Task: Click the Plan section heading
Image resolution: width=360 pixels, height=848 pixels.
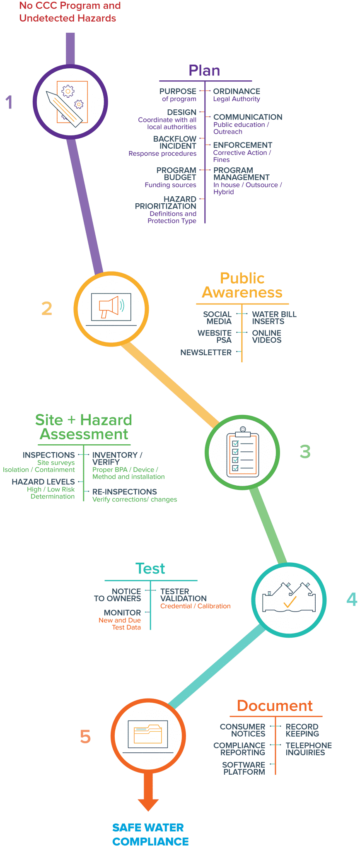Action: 204,71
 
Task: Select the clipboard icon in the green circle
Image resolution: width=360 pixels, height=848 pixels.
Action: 243,452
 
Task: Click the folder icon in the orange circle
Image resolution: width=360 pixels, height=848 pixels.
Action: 148,735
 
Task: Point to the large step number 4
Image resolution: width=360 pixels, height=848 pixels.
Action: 352,599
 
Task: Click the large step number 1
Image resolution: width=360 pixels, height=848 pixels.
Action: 9,102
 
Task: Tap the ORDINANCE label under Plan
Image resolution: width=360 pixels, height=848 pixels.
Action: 237,91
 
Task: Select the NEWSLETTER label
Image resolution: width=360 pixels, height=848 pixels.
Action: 206,352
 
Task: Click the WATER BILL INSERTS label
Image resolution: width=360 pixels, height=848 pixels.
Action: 274,318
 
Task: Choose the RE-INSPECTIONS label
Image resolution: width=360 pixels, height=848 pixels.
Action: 124,491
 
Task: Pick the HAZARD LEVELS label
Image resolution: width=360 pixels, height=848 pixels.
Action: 43,482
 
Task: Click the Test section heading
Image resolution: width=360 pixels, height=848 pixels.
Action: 150,569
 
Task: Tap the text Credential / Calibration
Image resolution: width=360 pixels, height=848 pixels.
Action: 195,606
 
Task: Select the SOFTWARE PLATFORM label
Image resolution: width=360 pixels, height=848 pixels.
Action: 244,768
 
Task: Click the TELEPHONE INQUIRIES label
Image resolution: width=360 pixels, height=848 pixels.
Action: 309,749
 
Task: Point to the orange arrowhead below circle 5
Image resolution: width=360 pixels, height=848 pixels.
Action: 148,804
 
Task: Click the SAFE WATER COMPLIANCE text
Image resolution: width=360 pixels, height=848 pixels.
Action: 150,834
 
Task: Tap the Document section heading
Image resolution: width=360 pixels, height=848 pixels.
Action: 275,706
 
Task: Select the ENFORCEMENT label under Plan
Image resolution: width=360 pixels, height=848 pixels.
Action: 242,145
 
